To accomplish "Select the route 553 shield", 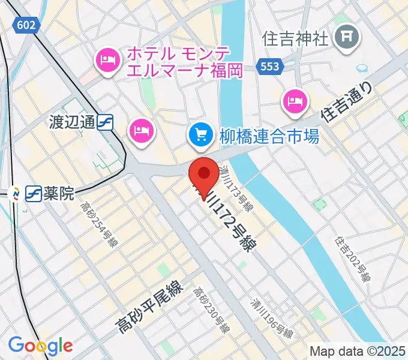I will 270,67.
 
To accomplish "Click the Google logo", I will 40,346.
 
